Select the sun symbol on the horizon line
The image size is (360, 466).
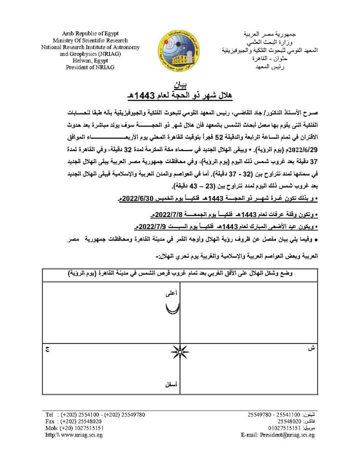point(179,353)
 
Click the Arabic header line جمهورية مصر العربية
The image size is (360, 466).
point(273,34)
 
